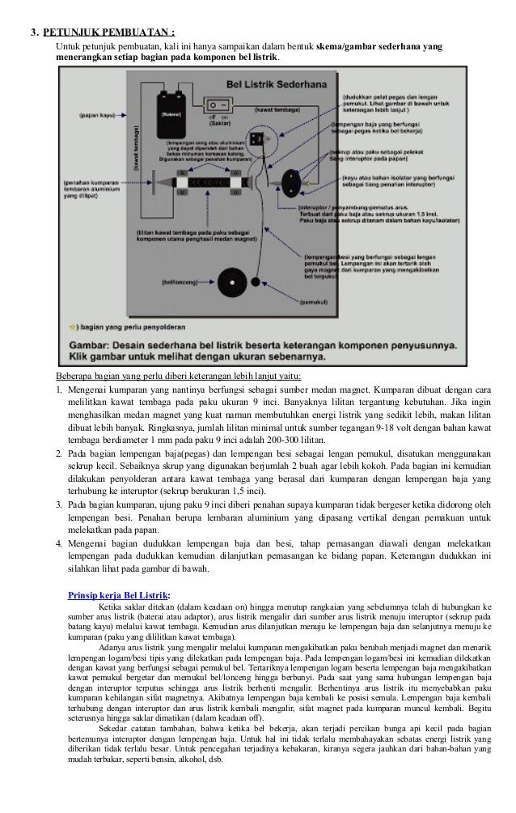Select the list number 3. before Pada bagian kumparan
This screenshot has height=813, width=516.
(59, 504)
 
